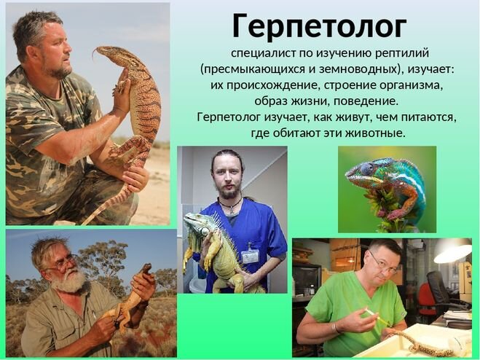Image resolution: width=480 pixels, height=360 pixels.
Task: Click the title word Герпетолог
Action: click(319, 27)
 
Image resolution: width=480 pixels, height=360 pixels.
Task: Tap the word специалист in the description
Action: click(264, 53)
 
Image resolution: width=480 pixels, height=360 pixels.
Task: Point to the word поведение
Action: click(366, 101)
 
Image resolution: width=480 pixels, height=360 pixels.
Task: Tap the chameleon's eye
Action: click(366, 168)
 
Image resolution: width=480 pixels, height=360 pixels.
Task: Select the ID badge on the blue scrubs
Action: click(250, 256)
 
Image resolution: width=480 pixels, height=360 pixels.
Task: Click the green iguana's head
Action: click(194, 222)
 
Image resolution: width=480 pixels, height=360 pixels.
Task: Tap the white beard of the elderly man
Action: click(71, 281)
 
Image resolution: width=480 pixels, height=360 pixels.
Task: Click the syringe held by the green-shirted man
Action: click(376, 316)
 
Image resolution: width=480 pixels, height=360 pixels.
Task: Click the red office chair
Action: click(428, 299)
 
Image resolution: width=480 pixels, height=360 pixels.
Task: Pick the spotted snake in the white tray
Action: click(423, 343)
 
